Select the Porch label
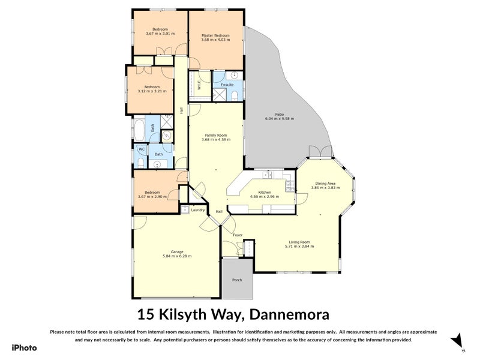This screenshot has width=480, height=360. pos(237,280)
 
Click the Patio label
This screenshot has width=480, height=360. pos(279,113)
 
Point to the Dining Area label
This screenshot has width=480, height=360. pos(325,182)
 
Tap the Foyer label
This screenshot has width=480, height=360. pos(238,235)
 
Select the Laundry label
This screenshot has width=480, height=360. pos(197,210)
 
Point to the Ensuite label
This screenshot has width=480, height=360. pos(227,85)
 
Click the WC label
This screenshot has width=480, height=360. pos(142,149)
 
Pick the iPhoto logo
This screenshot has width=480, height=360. pos(23,347)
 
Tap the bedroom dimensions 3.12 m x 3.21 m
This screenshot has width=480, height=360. pos(151,91)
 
